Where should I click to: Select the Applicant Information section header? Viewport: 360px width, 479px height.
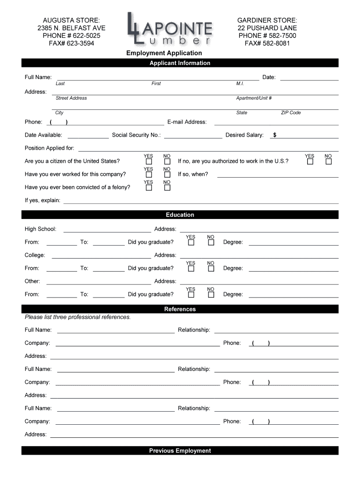click(x=180, y=63)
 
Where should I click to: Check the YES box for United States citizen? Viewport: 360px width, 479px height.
click(x=149, y=162)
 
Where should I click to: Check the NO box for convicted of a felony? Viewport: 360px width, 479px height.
click(x=167, y=188)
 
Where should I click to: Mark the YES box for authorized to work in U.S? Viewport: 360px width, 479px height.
click(x=310, y=162)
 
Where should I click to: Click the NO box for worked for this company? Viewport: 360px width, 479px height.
click(x=167, y=175)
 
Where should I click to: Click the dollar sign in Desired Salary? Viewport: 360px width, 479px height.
click(x=275, y=135)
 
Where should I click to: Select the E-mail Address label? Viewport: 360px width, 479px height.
click(x=187, y=122)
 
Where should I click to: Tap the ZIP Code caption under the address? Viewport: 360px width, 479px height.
click(x=291, y=113)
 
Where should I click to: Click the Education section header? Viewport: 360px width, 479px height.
click(x=180, y=215)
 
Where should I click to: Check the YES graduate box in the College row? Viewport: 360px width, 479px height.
click(x=191, y=269)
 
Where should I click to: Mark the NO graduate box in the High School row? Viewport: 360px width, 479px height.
click(x=211, y=243)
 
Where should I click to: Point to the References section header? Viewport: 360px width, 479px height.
click(x=180, y=309)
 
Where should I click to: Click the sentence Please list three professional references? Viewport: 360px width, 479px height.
click(x=78, y=317)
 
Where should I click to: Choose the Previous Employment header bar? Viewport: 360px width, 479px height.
click(x=180, y=451)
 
